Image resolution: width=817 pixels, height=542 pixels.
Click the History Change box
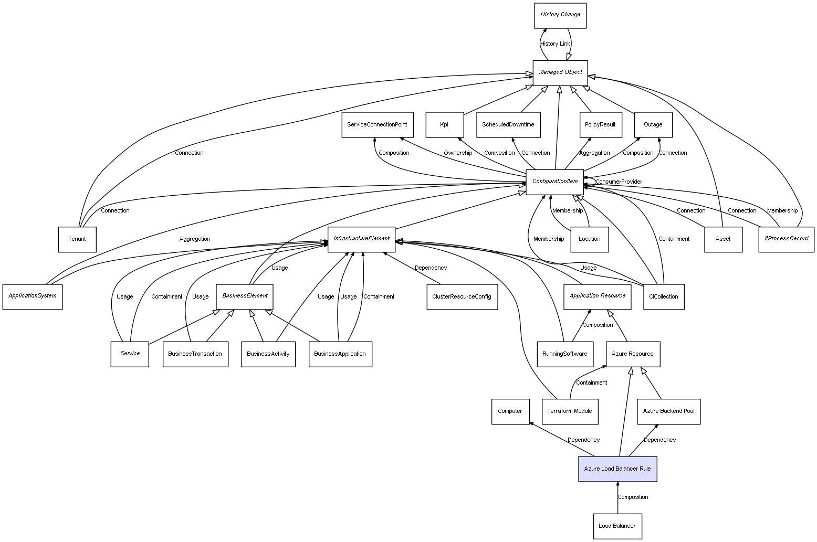pos(560,15)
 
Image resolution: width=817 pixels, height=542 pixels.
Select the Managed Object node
pos(560,72)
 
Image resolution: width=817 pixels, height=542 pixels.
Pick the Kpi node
pos(444,125)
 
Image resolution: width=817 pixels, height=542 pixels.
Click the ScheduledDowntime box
pos(508,125)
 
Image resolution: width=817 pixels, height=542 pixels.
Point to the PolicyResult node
pos(600,125)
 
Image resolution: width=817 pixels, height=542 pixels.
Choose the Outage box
pos(653,125)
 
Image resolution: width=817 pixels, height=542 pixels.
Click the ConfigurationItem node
pos(554,182)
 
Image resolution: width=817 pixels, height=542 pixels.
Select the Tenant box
pos(77,239)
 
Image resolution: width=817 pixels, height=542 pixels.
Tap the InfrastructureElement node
pos(361,239)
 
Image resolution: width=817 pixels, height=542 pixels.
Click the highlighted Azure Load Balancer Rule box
pos(617,469)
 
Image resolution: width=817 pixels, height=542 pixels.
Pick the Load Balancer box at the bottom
pos(617,526)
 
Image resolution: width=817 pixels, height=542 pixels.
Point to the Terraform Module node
pos(569,411)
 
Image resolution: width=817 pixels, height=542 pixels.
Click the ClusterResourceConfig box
pos(462,296)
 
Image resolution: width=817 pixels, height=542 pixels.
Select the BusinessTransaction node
pos(195,354)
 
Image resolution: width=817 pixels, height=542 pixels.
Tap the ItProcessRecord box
pos(786,239)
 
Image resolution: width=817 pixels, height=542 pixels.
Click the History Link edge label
pos(555,44)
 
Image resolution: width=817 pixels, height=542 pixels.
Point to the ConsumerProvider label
pos(619,182)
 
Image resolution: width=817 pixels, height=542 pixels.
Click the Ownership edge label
pos(457,153)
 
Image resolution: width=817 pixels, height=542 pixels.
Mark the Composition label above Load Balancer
pos(633,497)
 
